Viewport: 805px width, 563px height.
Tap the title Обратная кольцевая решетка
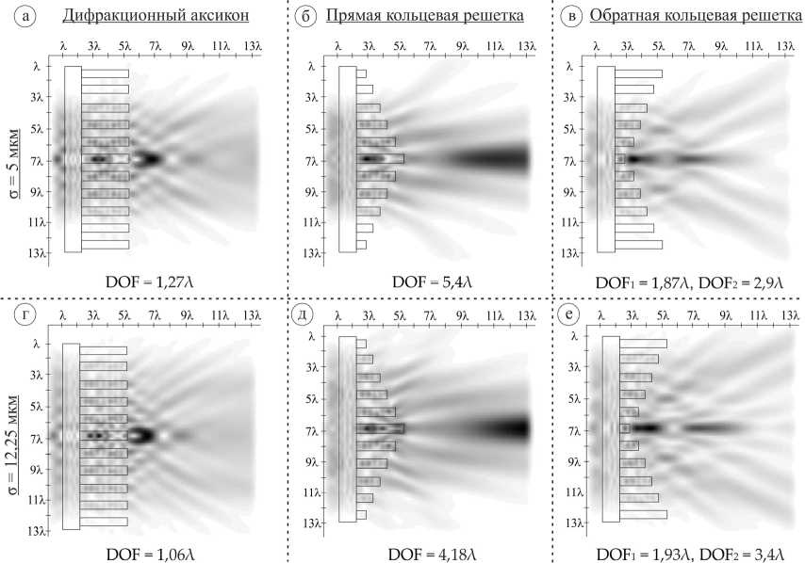coord(698,17)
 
